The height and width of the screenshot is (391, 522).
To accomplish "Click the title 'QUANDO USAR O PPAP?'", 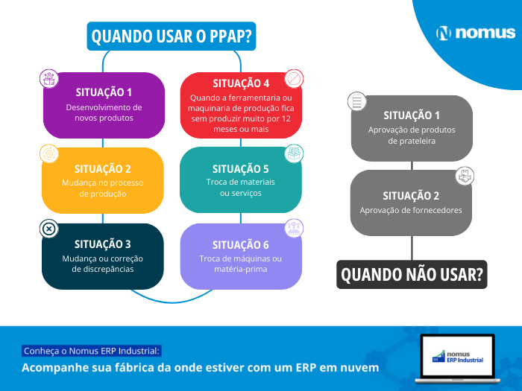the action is (x=171, y=36).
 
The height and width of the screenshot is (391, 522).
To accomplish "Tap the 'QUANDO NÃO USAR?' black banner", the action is (x=412, y=275).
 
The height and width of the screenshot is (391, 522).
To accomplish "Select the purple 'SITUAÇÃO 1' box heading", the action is (x=104, y=92).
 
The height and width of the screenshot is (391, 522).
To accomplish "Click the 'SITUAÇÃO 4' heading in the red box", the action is (x=241, y=83).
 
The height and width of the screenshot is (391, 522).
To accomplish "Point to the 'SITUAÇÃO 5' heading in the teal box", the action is (x=241, y=169).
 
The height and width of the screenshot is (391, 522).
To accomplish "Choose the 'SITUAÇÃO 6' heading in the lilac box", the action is (x=241, y=245).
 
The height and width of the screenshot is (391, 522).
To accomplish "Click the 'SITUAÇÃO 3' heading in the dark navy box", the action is (x=103, y=244).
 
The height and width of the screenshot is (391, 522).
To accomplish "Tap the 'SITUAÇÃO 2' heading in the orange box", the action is (x=103, y=169).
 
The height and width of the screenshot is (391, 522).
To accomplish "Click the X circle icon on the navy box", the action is (x=49, y=229).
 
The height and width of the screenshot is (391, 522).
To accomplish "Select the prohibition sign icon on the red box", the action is (x=294, y=79).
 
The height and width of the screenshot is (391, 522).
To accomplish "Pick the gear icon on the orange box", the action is (x=49, y=153).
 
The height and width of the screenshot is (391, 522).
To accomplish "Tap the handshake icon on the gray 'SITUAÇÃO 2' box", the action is (x=465, y=177).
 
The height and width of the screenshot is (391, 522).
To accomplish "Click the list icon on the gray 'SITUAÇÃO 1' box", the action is (x=357, y=101).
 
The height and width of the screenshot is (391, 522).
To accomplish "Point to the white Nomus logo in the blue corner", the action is (x=476, y=33).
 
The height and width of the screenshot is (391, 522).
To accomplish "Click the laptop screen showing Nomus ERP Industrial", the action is (x=457, y=357).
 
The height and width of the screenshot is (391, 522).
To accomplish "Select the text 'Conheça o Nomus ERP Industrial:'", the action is (x=92, y=351).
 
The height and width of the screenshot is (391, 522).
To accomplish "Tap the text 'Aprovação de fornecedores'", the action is (x=411, y=210).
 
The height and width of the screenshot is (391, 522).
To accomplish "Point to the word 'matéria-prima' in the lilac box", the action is (x=241, y=269).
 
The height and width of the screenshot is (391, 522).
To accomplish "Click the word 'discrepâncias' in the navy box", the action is (x=103, y=269).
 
